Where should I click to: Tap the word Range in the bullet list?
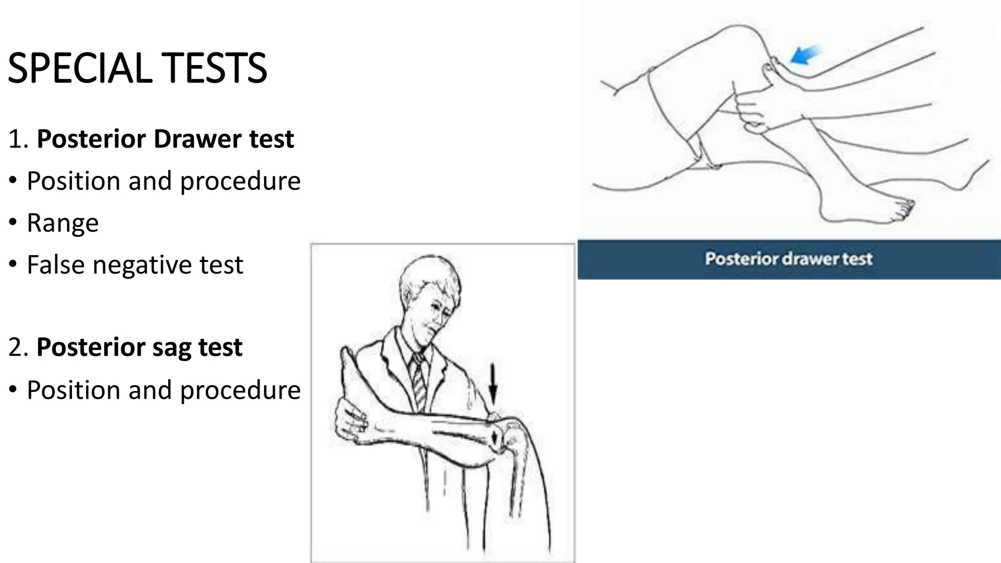pyautogui.click(x=63, y=223)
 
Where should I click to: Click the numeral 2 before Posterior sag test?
pyautogui.click(x=15, y=347)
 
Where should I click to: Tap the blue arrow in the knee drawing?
pyautogui.click(x=805, y=55)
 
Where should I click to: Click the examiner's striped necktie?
pyautogui.click(x=419, y=381)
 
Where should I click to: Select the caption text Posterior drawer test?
pyautogui.click(x=788, y=259)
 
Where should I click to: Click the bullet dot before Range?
pyautogui.click(x=13, y=223)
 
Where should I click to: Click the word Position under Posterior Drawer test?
pyautogui.click(x=73, y=181)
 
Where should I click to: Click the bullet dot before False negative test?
pyautogui.click(x=13, y=265)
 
